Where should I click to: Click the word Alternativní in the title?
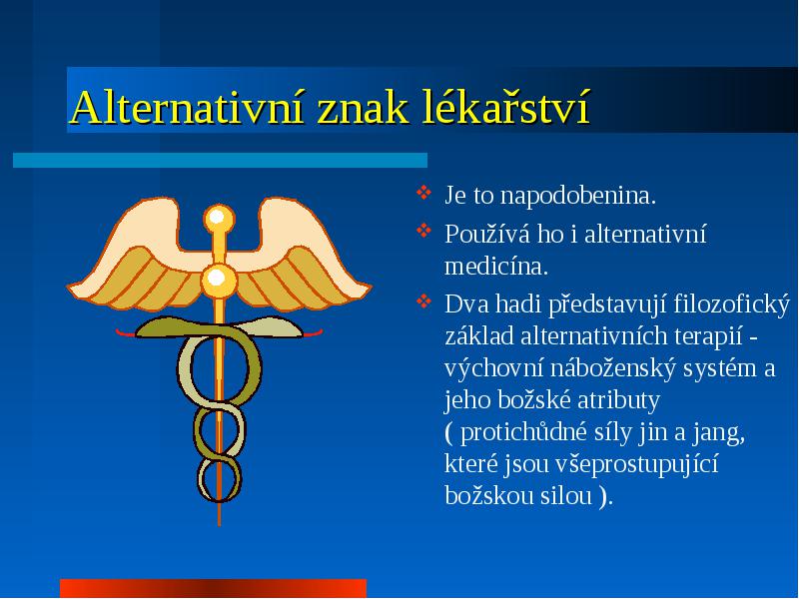[188, 107]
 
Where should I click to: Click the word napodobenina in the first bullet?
[578, 196]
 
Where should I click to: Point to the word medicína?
[496, 267]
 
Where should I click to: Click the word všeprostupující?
[637, 464]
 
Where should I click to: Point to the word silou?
[566, 495]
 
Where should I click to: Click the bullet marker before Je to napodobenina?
[423, 193]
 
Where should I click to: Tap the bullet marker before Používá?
[423, 231]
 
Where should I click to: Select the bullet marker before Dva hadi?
[423, 301]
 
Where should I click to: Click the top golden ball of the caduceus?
[219, 219]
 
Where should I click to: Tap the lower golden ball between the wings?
[219, 280]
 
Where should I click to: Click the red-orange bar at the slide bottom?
[213, 588]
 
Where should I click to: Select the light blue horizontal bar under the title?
[220, 160]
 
